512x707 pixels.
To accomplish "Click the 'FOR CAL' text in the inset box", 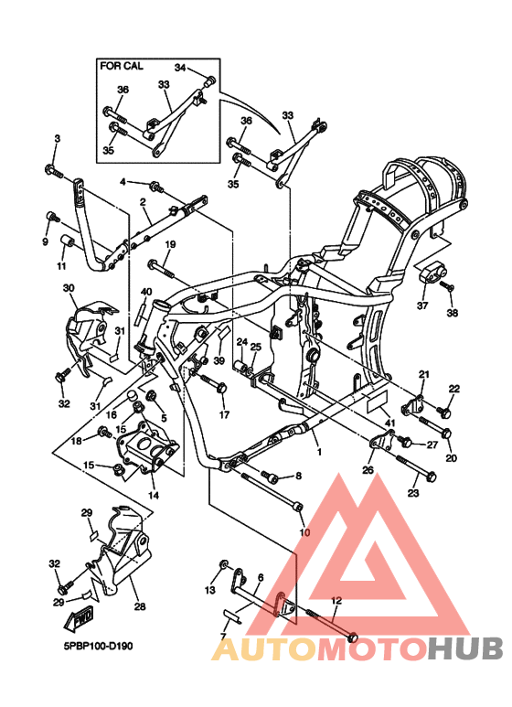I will click(122, 67).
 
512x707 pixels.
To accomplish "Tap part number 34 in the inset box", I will click(180, 68).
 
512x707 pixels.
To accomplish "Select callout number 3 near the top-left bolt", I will click(57, 138).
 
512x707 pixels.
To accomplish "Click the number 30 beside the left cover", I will click(69, 288).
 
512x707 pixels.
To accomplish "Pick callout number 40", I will click(145, 292).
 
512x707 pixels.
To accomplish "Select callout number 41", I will click(389, 422).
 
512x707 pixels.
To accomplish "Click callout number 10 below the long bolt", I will click(304, 532).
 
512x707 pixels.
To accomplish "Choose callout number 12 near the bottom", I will click(336, 601).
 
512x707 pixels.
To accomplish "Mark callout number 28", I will click(139, 606).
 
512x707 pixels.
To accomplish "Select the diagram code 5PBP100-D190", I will click(98, 646).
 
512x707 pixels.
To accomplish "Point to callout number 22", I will click(454, 390).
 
